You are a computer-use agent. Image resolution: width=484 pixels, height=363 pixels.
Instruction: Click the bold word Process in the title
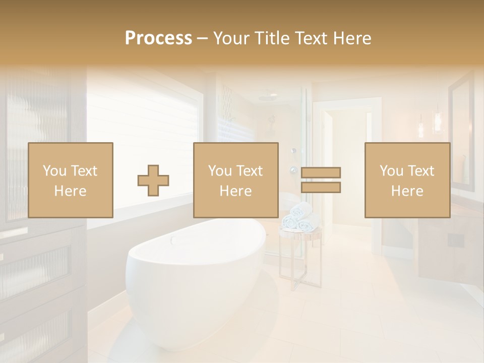(x=158, y=38)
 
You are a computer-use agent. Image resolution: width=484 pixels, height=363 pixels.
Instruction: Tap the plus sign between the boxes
(x=153, y=180)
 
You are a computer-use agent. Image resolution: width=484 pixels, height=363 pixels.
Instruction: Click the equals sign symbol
(x=321, y=180)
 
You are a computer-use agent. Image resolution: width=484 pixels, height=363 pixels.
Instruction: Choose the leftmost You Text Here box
(x=70, y=180)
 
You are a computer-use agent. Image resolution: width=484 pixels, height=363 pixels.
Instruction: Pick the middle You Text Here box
(x=235, y=180)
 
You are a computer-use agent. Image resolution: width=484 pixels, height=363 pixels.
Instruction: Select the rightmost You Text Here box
(x=407, y=180)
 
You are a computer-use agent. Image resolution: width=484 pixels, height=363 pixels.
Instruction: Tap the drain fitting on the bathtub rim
(x=174, y=240)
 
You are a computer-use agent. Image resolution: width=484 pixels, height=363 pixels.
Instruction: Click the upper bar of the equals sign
(x=321, y=172)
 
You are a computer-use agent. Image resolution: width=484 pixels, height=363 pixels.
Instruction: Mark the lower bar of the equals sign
(x=321, y=188)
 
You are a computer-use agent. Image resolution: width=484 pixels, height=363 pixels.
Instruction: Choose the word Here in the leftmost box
(x=70, y=191)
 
